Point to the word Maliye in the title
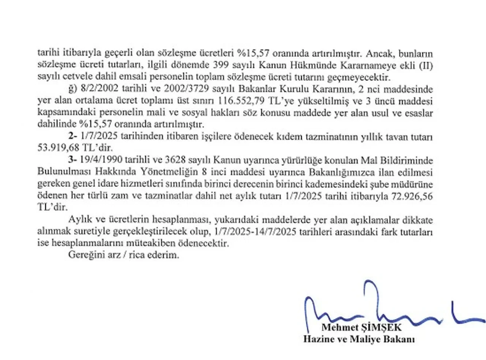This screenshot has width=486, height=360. [x=359, y=339]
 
